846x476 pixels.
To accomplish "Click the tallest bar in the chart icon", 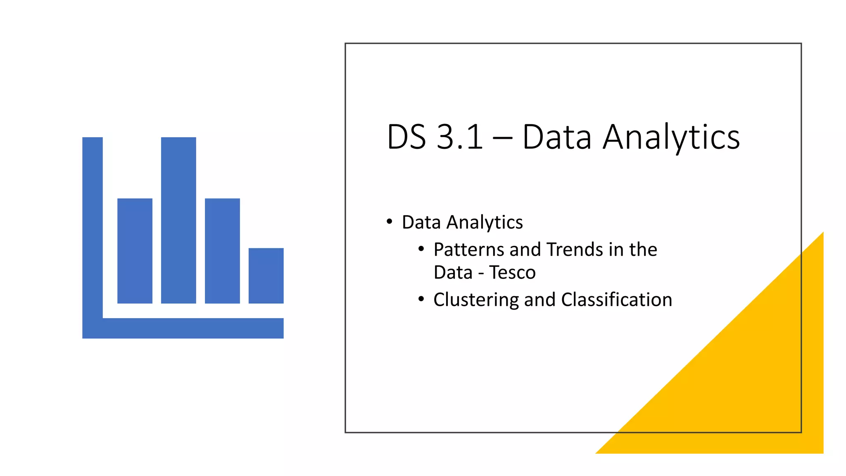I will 178,220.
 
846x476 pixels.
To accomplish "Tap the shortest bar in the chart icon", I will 266,276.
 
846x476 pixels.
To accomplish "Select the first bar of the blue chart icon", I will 135,251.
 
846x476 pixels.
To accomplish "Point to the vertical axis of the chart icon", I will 93,227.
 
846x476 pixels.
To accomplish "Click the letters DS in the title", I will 406,137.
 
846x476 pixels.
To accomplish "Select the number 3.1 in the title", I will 459,137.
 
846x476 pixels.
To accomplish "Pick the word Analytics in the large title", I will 671,138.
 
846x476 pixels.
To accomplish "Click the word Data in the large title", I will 557,137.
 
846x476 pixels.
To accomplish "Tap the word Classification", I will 616,300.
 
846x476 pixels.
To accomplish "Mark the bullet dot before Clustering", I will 421,299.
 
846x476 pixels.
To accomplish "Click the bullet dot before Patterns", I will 421,249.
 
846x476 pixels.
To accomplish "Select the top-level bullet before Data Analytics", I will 389,222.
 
